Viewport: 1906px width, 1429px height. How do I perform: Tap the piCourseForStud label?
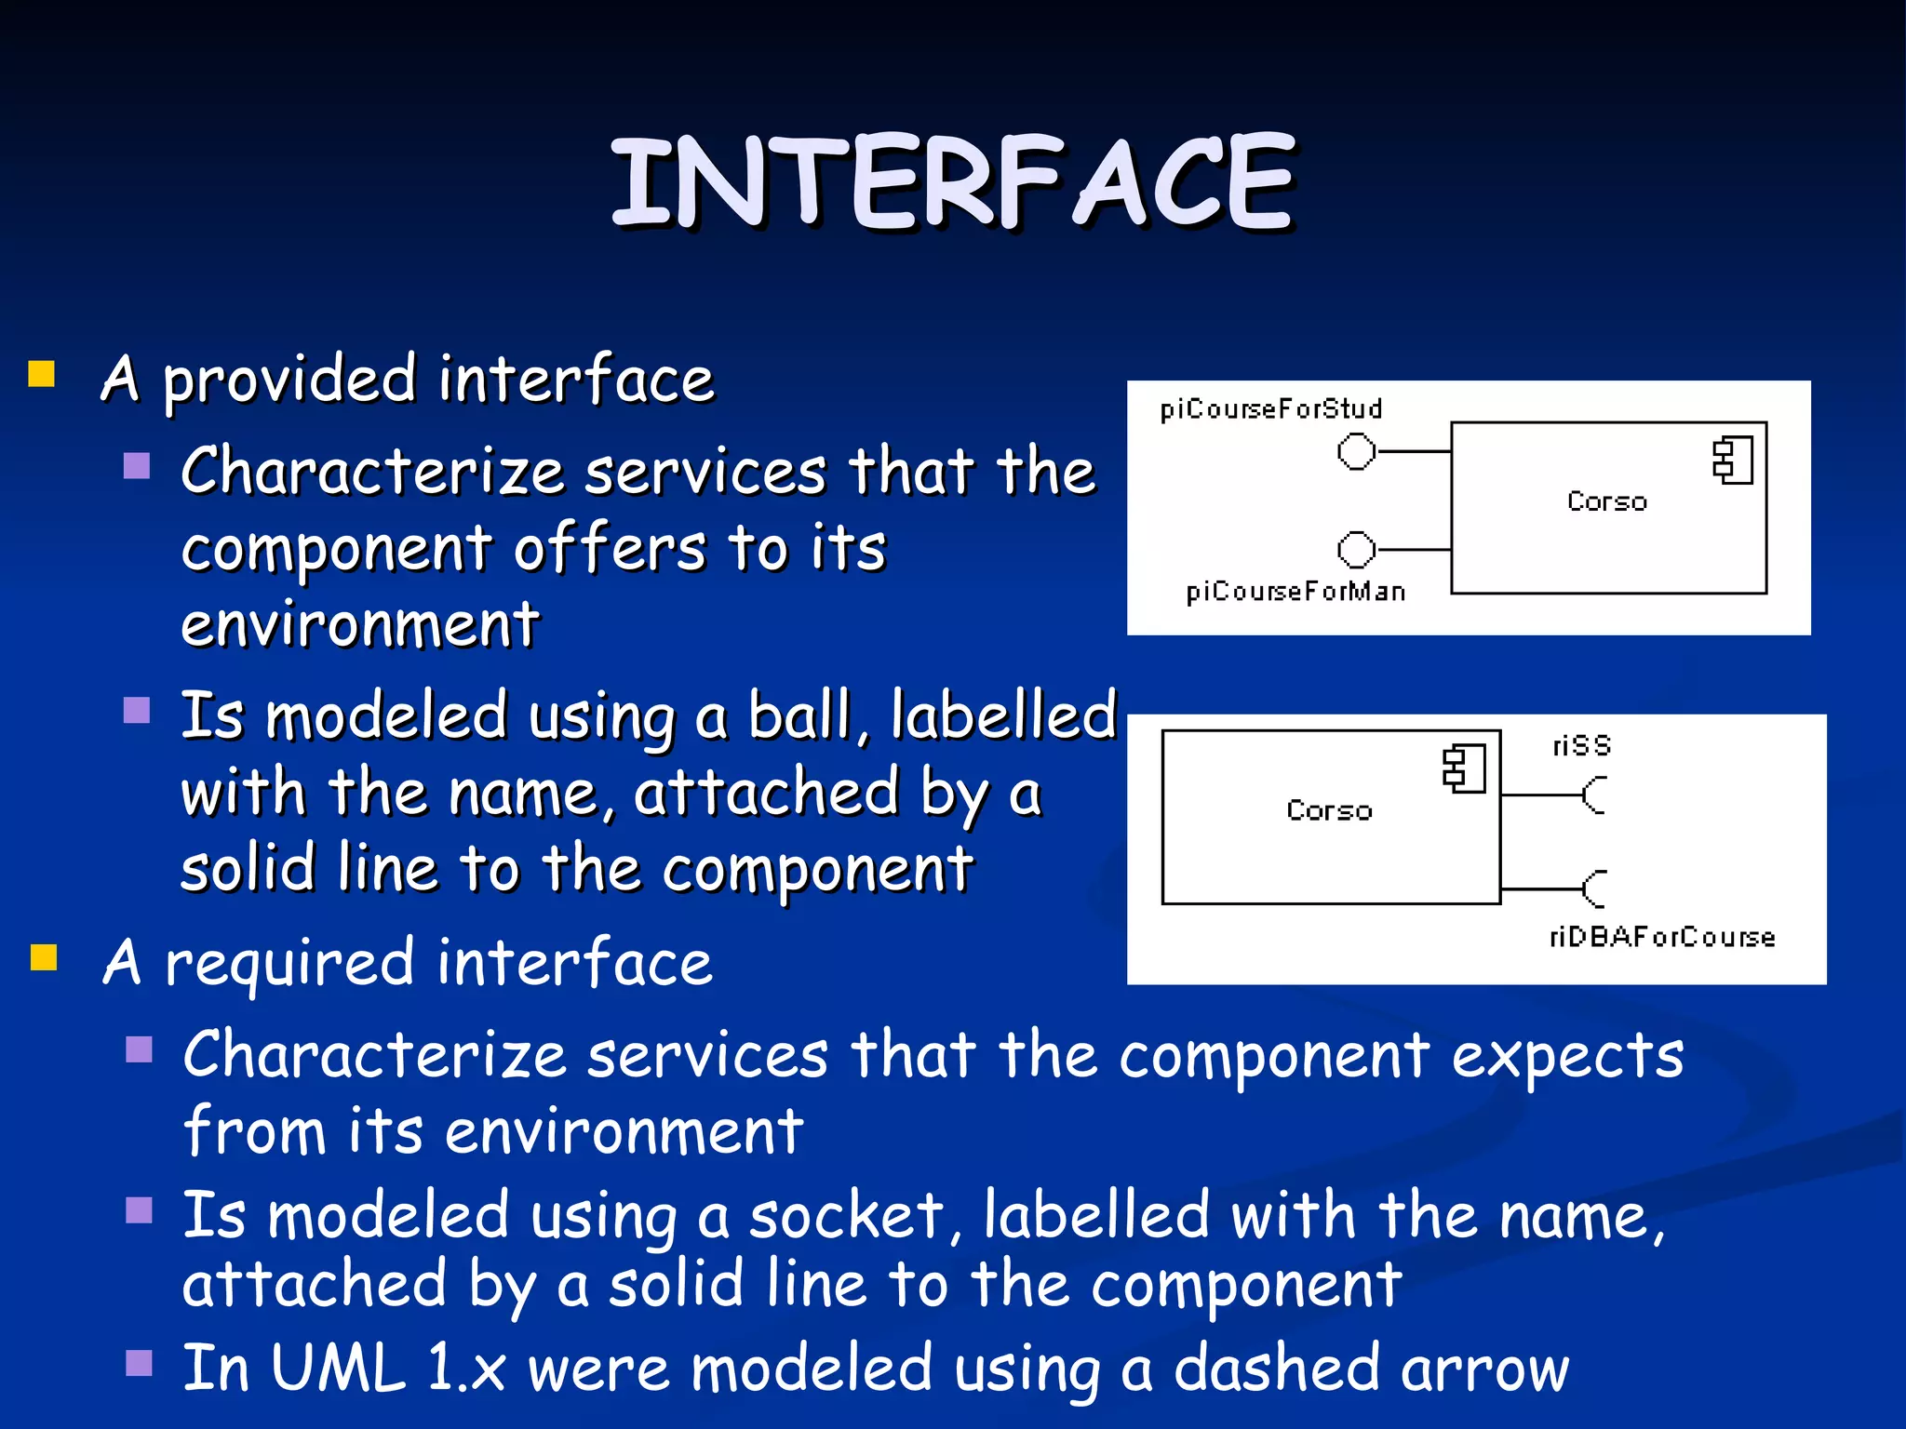(1270, 409)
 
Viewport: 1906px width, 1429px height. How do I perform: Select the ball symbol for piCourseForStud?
(1356, 452)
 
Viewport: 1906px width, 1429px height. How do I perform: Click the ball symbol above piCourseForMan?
(1356, 549)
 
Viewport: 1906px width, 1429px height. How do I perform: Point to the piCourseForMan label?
(1295, 592)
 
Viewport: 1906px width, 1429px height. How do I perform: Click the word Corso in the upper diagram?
(1606, 501)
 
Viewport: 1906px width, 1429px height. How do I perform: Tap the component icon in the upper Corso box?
(1733, 461)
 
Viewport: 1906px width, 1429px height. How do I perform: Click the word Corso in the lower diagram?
(1329, 810)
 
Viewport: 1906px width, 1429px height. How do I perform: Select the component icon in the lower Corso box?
(1464, 768)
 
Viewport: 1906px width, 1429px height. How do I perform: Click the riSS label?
(1581, 746)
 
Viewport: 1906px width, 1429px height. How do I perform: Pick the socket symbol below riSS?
(1594, 795)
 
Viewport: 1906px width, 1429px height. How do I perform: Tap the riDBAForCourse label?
(1662, 937)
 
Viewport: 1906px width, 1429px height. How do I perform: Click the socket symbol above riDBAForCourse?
(1594, 889)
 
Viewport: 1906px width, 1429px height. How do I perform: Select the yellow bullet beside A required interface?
(44, 957)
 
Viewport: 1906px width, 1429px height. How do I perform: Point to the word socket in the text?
(847, 1216)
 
